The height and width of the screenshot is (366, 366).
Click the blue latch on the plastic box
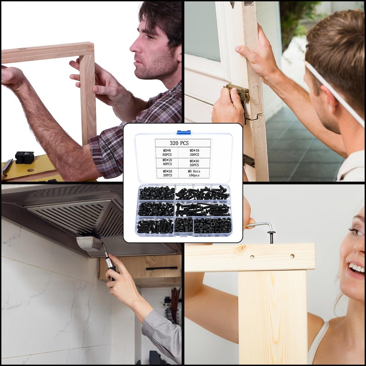pyautogui.click(x=184, y=132)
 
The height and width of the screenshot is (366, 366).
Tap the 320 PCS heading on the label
pyautogui.click(x=179, y=143)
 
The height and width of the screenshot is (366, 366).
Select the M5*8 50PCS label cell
pyautogui.click(x=167, y=152)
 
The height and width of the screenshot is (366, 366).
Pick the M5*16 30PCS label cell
pyautogui.click(x=194, y=152)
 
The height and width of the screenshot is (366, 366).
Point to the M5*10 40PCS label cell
pyautogui.click(x=167, y=162)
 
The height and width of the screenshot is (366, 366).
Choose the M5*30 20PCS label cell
pyautogui.click(x=194, y=163)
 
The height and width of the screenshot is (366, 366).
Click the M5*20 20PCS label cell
pyautogui.click(x=167, y=173)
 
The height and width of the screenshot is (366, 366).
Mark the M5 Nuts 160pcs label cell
pyautogui.click(x=194, y=173)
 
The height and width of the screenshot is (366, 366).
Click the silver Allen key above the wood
pyautogui.click(x=260, y=225)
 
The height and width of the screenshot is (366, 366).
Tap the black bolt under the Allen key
pyautogui.click(x=271, y=237)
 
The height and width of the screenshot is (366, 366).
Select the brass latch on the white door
pyautogui.click(x=238, y=92)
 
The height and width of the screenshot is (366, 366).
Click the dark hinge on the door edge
pyautogui.click(x=249, y=161)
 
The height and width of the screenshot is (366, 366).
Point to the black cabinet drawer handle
pyautogui.click(x=162, y=268)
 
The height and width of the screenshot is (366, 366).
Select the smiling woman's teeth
pyautogui.click(x=357, y=268)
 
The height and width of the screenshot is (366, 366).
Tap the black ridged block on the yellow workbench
pyautogui.click(x=25, y=157)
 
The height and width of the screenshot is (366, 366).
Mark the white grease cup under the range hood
pyautogui.click(x=89, y=244)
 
